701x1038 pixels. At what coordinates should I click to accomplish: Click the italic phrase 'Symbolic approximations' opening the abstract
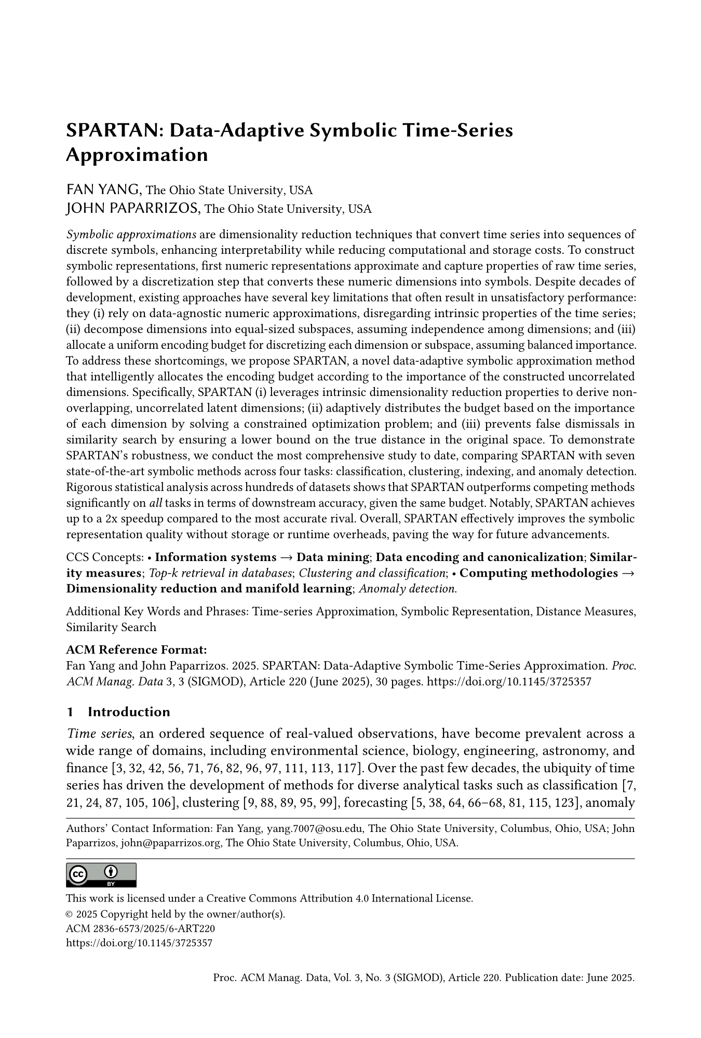point(131,234)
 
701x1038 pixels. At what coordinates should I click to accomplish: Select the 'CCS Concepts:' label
point(105,557)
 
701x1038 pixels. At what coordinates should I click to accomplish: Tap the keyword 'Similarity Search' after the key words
point(111,627)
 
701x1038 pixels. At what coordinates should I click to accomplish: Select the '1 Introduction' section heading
point(118,712)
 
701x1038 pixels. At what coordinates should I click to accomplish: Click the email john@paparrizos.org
point(171,843)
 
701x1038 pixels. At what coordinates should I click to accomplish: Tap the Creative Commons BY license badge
point(101,875)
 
